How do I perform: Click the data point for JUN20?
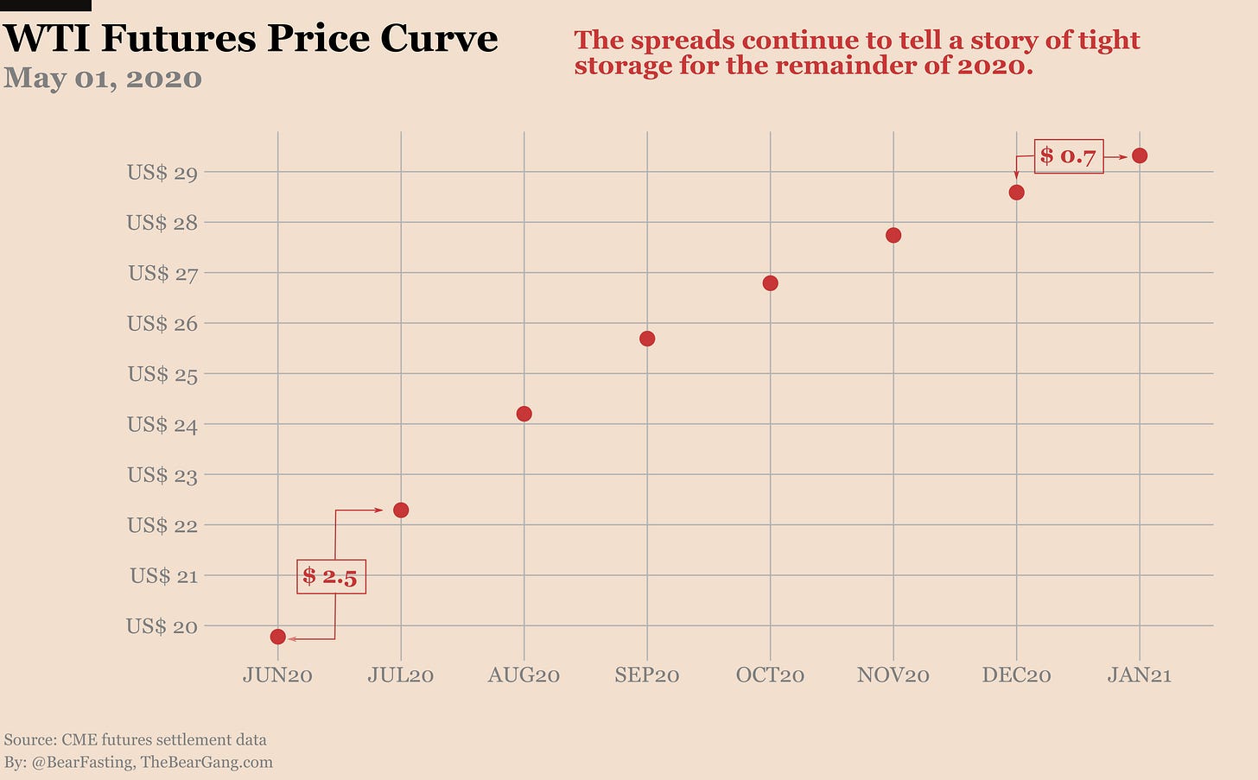277,637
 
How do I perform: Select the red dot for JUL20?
401,510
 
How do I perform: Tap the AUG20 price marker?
524,414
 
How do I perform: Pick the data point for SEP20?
647,339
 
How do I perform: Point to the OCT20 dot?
771,283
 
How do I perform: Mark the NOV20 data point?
893,235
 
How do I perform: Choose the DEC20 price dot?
1017,192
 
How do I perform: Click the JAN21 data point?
1140,155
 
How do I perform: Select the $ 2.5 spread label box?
331,576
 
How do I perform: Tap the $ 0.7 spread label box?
1069,156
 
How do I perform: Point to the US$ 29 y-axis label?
162,173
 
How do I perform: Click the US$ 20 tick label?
162,626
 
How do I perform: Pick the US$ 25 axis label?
162,374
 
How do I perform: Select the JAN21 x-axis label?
1140,675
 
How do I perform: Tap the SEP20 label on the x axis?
647,675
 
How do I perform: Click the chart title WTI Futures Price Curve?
251,38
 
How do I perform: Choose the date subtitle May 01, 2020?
103,78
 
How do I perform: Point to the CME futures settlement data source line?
136,739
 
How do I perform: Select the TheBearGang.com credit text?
206,762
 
